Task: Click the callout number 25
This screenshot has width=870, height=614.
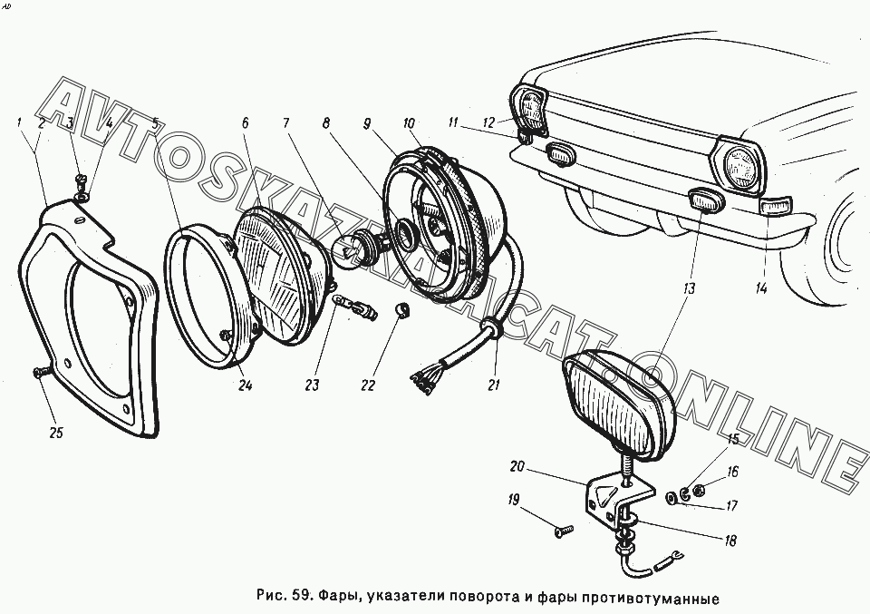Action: tap(56, 433)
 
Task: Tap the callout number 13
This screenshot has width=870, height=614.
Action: tap(689, 288)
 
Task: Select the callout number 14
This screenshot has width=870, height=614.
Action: tap(760, 288)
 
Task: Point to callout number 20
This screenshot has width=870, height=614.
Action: tap(517, 466)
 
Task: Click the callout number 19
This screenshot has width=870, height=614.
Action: tap(513, 500)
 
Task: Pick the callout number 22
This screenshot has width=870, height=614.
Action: tap(368, 385)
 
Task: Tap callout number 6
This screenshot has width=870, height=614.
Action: tap(246, 123)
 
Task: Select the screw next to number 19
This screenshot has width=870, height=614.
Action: tap(564, 531)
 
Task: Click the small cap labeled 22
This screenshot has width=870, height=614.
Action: tap(402, 308)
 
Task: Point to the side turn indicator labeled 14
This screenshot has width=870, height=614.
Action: tap(777, 207)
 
